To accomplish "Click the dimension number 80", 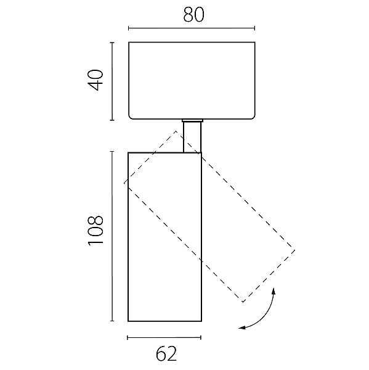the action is (x=193, y=15).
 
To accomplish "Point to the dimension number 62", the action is (x=166, y=354).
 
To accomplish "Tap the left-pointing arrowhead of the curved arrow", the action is (x=241, y=328).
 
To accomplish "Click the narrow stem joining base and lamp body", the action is (x=192, y=137).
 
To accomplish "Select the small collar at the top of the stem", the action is (x=192, y=121).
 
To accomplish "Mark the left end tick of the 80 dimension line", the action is (x=129, y=28).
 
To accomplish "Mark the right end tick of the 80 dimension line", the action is (x=254, y=28).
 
